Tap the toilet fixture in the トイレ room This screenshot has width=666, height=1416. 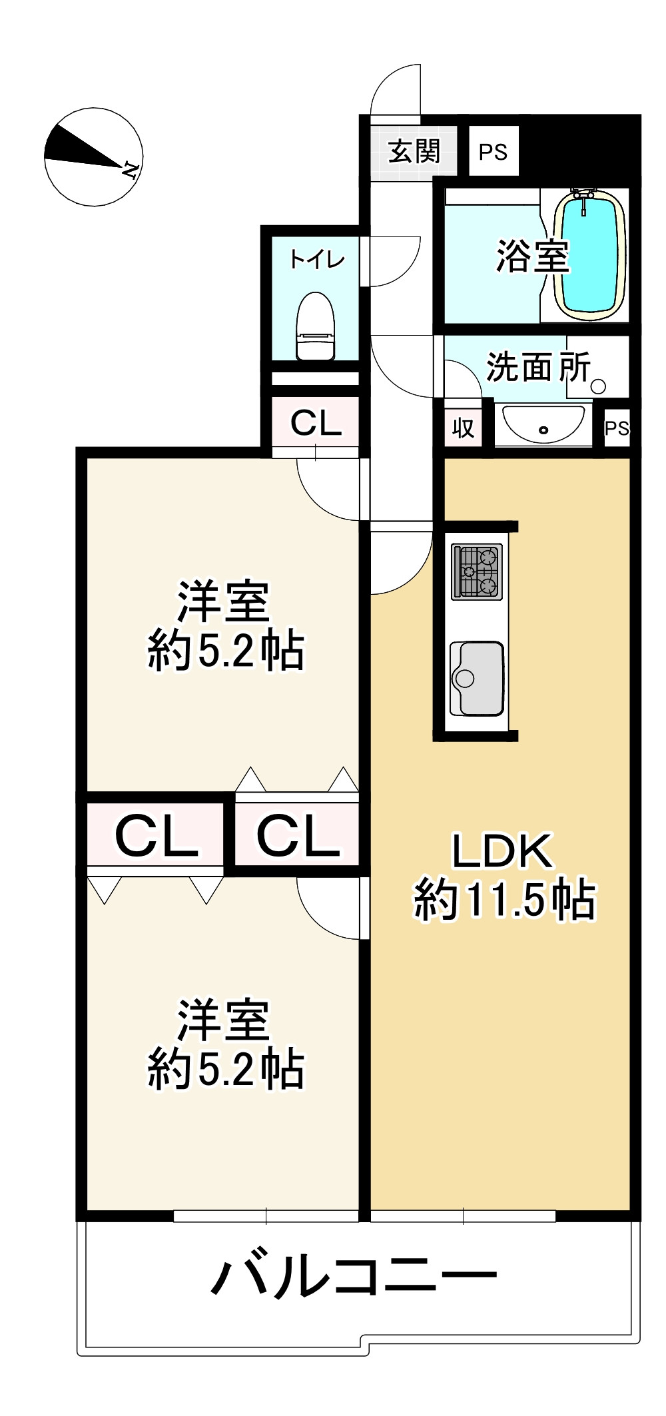316,326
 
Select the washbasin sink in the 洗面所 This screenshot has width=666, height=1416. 543,423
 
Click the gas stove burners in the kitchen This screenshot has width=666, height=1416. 477,571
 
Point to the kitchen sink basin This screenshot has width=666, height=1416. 477,678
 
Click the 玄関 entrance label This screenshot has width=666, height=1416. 414,152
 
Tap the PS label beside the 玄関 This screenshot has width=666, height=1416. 493,153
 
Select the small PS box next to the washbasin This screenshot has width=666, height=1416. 617,428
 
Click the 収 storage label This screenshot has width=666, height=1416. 463,428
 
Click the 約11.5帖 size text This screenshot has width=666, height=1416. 504,900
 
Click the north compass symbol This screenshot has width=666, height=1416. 93,157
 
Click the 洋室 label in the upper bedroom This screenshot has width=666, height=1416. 222,601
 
